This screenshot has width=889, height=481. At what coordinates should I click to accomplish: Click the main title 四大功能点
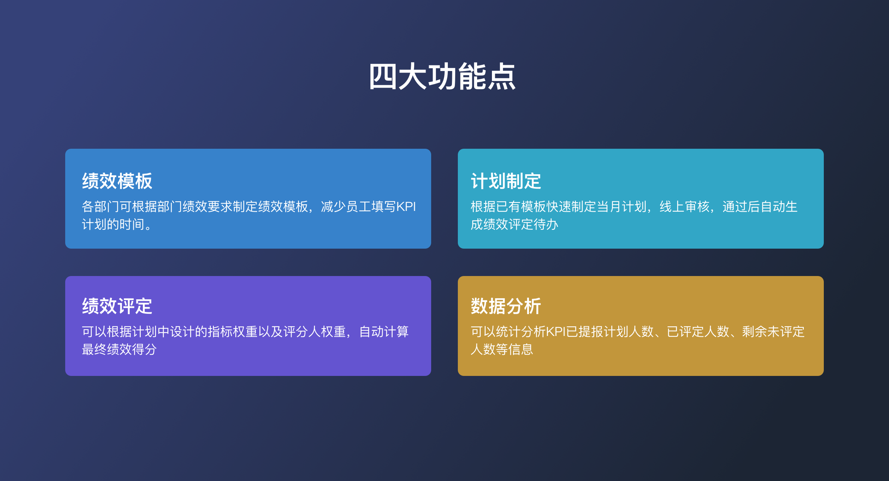[x=442, y=77]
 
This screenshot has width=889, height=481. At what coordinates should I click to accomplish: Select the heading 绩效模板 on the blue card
[x=117, y=181]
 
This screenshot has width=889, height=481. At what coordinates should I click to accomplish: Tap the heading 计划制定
[x=506, y=181]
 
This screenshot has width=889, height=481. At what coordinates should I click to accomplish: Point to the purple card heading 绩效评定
[x=117, y=306]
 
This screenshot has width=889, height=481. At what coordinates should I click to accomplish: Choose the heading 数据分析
[x=506, y=306]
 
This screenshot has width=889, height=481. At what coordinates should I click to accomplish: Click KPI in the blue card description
[x=406, y=206]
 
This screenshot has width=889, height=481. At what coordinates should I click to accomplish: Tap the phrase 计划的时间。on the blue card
[x=117, y=224]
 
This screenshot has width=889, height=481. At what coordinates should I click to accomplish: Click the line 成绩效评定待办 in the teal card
[x=514, y=224]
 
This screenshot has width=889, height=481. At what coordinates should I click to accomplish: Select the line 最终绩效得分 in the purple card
[x=119, y=349]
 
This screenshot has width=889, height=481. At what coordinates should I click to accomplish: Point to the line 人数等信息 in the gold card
[x=502, y=349]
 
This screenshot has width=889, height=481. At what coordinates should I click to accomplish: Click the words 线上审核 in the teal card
[x=684, y=206]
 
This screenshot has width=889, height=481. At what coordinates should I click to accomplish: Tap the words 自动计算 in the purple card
[x=384, y=332]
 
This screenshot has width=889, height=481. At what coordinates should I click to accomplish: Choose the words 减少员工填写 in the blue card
[x=358, y=206]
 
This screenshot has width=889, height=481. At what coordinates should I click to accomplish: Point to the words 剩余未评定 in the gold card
[x=773, y=332]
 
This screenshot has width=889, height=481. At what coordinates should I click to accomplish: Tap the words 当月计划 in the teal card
[x=621, y=206]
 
